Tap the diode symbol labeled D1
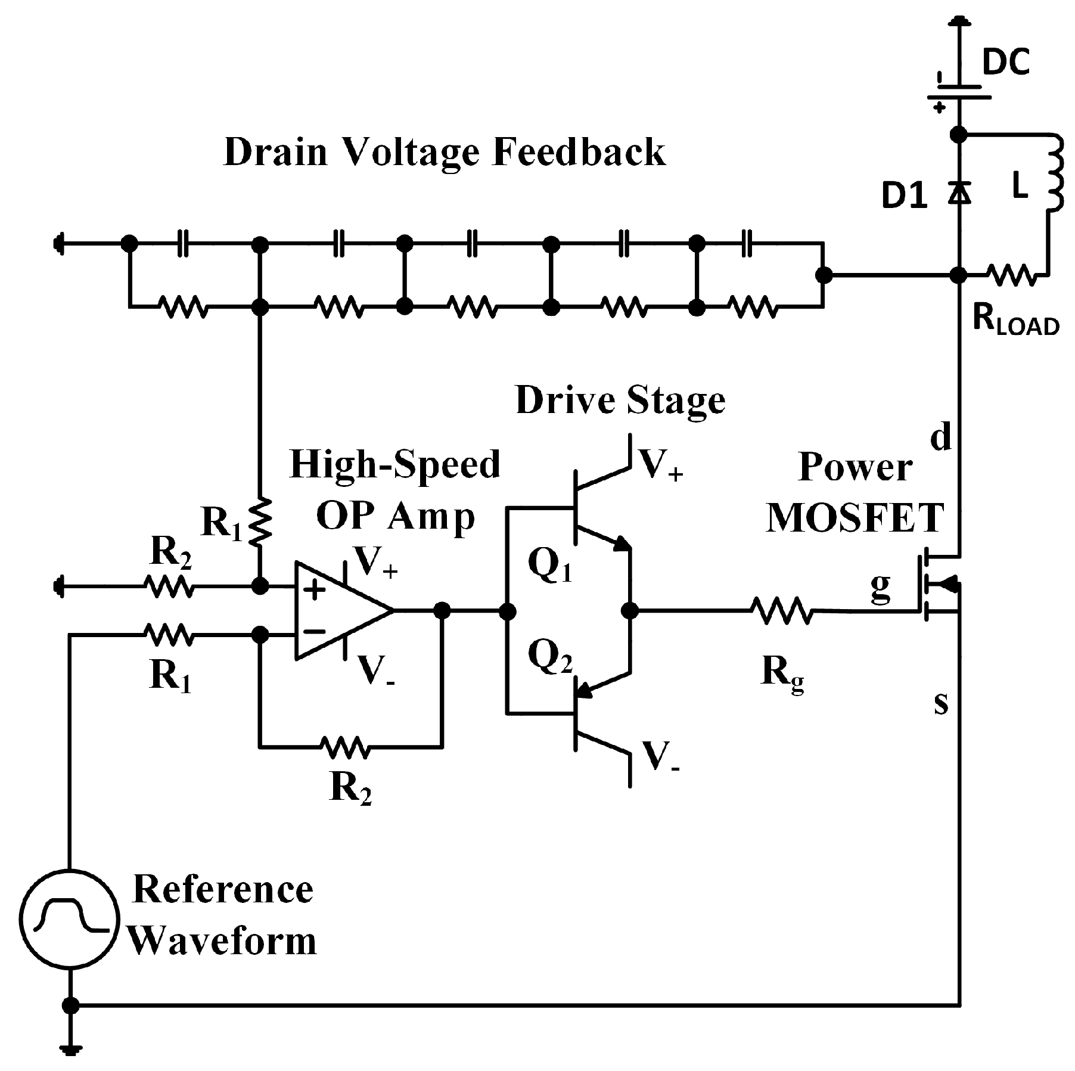(x=958, y=193)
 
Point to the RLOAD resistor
(x=1011, y=275)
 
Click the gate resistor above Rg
(x=781, y=611)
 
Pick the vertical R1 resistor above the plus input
(x=260, y=520)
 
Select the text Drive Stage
(x=620, y=401)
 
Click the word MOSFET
(x=855, y=517)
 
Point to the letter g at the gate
(x=880, y=589)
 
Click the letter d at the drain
(x=941, y=438)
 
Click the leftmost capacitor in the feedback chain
(x=183, y=244)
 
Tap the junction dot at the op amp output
(x=442, y=610)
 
